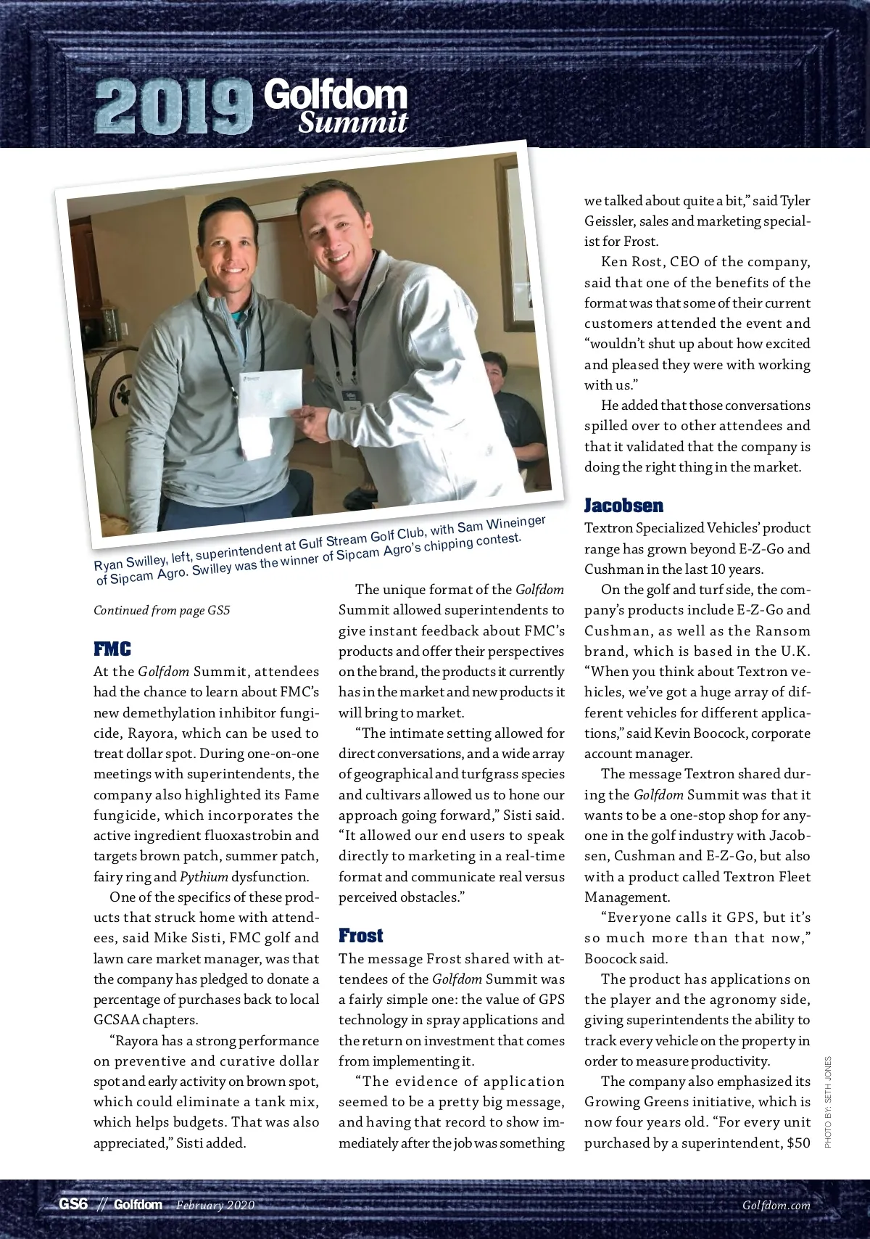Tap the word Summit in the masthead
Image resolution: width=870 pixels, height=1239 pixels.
(x=353, y=122)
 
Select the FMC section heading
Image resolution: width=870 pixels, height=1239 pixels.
(x=112, y=649)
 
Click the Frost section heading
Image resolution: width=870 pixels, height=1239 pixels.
(x=360, y=936)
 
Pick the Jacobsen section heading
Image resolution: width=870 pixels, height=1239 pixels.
(x=623, y=506)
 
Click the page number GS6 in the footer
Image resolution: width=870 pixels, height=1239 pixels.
(x=73, y=1205)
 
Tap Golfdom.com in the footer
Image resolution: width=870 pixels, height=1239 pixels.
(x=776, y=1206)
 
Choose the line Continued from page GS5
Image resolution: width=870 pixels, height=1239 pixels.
(x=162, y=610)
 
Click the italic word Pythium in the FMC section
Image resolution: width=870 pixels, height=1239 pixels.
(x=204, y=876)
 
